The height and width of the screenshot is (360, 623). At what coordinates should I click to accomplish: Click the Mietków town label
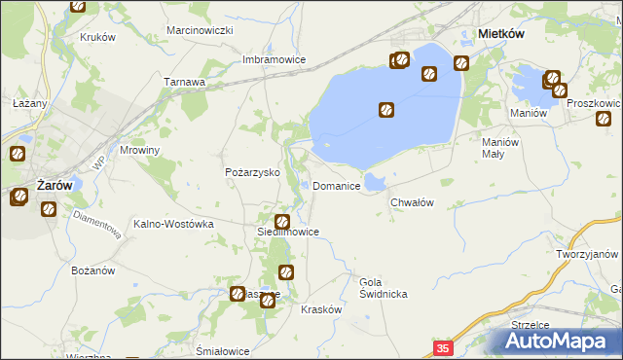click(502, 33)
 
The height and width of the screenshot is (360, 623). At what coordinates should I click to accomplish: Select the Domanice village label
click(338, 186)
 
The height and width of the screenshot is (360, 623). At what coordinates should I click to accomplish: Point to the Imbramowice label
click(275, 59)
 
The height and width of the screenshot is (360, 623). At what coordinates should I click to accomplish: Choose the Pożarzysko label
click(253, 172)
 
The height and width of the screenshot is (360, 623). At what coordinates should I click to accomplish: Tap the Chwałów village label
click(411, 202)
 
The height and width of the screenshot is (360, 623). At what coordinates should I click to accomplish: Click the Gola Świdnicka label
click(383, 287)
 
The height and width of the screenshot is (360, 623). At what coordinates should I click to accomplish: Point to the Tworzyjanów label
click(589, 254)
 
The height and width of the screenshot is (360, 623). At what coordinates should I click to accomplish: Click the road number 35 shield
click(444, 347)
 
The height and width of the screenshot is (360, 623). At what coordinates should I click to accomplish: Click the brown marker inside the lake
click(386, 111)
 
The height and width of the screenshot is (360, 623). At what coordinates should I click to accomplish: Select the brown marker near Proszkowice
click(603, 120)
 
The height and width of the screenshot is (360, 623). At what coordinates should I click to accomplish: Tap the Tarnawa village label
click(185, 82)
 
